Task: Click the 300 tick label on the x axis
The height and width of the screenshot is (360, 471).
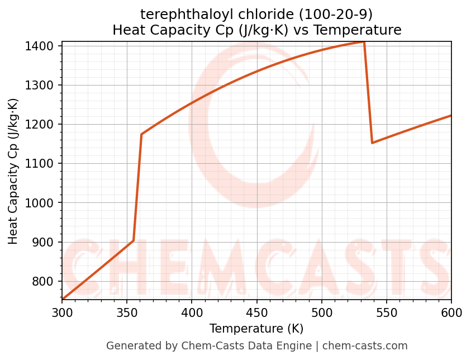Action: tap(62, 312)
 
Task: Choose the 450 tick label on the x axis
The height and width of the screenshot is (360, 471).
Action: tap(256, 312)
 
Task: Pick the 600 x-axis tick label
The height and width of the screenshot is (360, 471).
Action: tap(451, 312)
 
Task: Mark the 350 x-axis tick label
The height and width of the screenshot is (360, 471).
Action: tap(127, 312)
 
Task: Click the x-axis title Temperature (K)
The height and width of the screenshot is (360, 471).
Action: tap(256, 328)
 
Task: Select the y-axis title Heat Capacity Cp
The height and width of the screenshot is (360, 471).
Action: tap(13, 171)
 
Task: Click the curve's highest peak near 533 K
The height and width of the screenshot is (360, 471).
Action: tap(364, 42)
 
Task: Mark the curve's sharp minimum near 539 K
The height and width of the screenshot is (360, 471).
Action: tap(372, 143)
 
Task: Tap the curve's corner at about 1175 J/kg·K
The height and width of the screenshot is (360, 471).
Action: tap(141, 134)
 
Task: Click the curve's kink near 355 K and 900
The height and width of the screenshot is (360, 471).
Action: tap(134, 241)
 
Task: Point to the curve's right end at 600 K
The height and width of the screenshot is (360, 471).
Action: tap(451, 116)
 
